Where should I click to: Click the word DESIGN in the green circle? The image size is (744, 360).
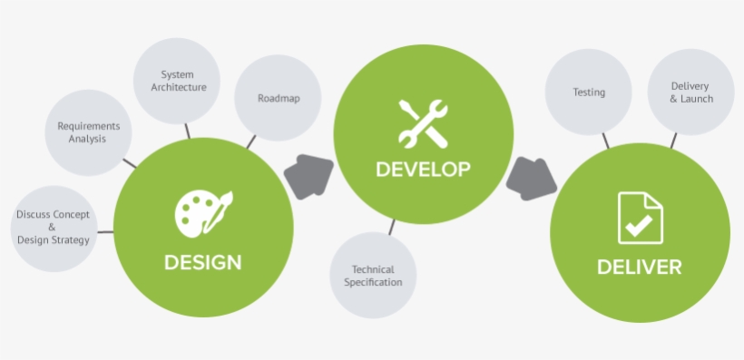pyautogui.click(x=202, y=263)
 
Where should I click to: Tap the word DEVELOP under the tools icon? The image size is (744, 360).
pyautogui.click(x=423, y=169)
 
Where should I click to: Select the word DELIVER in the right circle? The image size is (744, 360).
pyautogui.click(x=639, y=268)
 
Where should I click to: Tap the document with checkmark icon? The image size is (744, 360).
pyautogui.click(x=641, y=218)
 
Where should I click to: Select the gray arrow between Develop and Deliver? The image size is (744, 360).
pyautogui.click(x=531, y=178)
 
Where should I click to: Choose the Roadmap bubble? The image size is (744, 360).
pyautogui.click(x=278, y=99)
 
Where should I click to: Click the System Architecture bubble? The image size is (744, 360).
pyautogui.click(x=177, y=81)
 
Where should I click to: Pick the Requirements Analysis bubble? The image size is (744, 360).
pyautogui.click(x=87, y=132)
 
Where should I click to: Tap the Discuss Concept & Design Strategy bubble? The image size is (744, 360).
pyautogui.click(x=53, y=228)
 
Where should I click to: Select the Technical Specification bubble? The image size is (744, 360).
pyautogui.click(x=377, y=276)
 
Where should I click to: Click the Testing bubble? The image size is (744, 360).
pyautogui.click(x=589, y=92)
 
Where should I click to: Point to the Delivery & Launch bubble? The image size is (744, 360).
pyautogui.click(x=691, y=92)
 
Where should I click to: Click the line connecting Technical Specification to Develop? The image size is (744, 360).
pyautogui.click(x=392, y=227)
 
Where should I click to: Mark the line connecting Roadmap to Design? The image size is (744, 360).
pyautogui.click(x=251, y=141)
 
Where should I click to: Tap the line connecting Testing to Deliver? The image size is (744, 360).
pyautogui.click(x=605, y=140)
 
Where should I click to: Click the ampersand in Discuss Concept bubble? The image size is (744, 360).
pyautogui.click(x=53, y=228)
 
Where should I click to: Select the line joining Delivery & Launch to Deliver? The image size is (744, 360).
pyautogui.click(x=673, y=141)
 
